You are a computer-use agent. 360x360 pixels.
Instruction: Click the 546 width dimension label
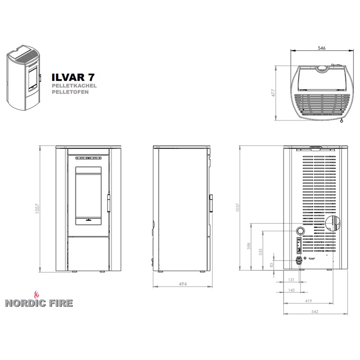pos(321,48)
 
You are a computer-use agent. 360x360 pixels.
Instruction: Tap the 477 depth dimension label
pos(273,93)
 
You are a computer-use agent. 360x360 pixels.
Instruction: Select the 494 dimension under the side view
pos(183,284)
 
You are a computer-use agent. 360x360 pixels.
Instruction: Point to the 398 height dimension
pos(249,246)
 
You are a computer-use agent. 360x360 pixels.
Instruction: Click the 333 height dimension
pos(261,252)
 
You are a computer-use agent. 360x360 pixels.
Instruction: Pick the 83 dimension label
pos(272,265)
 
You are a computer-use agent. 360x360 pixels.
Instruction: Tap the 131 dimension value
pos(291,279)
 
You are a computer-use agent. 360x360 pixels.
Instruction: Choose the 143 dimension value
pos(291,290)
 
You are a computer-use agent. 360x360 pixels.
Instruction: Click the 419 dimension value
pos(309,301)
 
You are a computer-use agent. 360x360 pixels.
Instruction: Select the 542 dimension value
pos(315,311)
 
